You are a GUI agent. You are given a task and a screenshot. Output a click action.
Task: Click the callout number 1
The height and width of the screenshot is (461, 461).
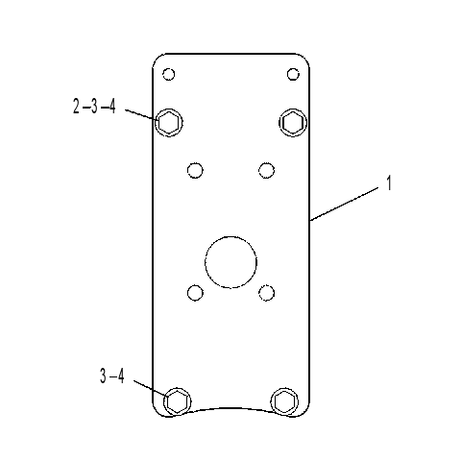click(389, 183)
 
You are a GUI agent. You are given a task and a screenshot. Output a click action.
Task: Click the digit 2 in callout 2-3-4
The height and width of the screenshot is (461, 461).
click(76, 107)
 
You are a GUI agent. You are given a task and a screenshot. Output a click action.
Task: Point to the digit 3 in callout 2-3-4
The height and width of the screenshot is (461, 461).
click(94, 107)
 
